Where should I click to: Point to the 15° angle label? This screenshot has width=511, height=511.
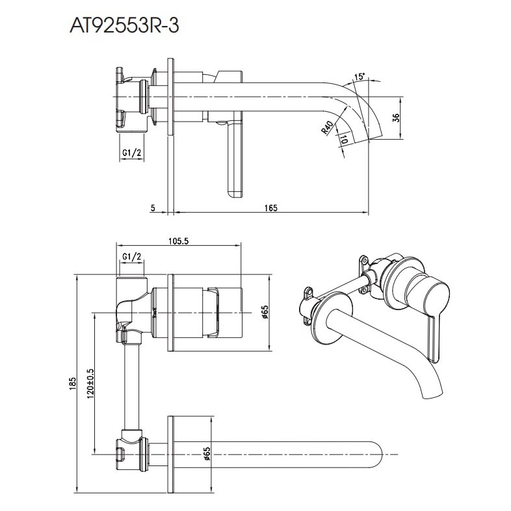pos(360,77)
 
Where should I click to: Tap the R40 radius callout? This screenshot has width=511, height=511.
pos(326,127)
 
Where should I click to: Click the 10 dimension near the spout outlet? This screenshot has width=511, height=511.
pos(344,138)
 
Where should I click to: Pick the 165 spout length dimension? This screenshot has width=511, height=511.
pos(271,207)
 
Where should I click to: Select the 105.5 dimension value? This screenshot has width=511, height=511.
pos(178,241)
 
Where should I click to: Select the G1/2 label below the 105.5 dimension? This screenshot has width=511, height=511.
pos(132,257)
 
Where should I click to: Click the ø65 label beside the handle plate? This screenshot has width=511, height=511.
pos(265,313)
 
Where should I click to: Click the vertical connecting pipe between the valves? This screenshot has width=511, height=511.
pos(132,384)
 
